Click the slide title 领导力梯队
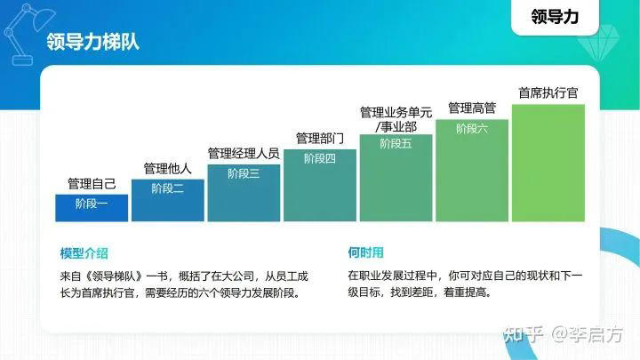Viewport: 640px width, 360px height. (92, 43)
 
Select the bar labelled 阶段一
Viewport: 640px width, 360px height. (92, 207)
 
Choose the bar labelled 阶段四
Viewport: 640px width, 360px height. (319, 184)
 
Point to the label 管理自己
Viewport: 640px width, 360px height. (92, 184)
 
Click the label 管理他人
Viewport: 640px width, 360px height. (167, 169)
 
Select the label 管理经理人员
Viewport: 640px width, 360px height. (244, 153)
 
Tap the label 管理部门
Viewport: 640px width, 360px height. (319, 138)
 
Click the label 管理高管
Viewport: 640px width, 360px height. (472, 108)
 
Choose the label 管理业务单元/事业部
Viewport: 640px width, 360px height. (396, 119)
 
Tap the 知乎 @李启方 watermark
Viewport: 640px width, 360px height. (564, 334)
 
